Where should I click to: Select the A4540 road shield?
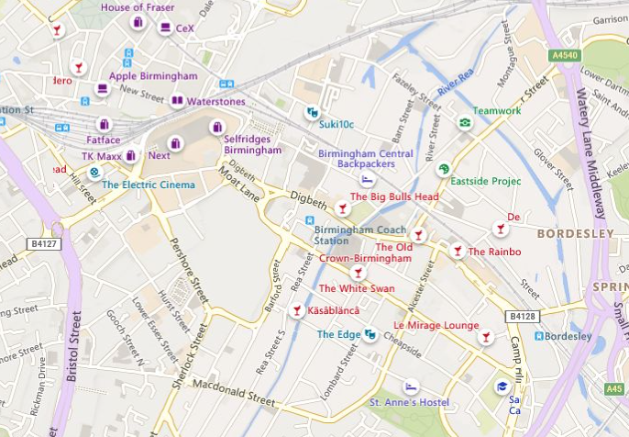565,55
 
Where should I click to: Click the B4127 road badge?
42,244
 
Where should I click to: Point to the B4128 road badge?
520,316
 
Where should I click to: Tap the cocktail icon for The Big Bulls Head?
343,207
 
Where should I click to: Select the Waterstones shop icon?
177,101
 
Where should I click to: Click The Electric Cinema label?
149,185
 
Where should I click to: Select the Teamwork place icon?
465,123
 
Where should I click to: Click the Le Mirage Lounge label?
436,326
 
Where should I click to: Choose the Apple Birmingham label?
153,76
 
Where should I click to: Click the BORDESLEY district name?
575,234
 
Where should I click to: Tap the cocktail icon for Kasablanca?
296,312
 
